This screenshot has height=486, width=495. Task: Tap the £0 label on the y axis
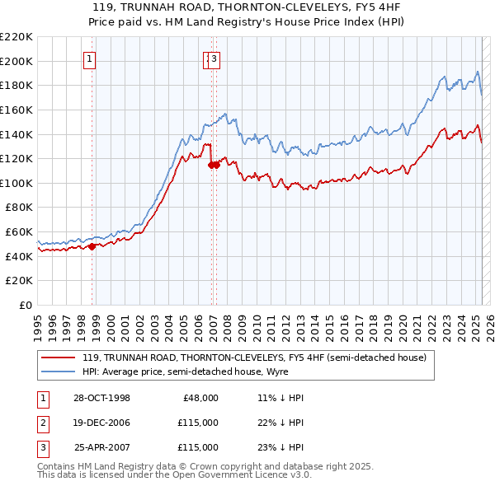pyautogui.click(x=26, y=305)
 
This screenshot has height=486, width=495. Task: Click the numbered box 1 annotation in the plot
pyautogui.click(x=88, y=58)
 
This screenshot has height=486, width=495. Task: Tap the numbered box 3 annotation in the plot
pyautogui.click(x=214, y=58)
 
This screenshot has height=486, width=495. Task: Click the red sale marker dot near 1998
pyautogui.click(x=92, y=246)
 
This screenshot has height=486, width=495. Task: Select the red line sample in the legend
pyautogui.click(x=59, y=358)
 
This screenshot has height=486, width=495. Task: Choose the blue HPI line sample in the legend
pyautogui.click(x=59, y=372)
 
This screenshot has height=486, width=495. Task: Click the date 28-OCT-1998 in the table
pyautogui.click(x=101, y=398)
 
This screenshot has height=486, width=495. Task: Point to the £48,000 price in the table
pyautogui.click(x=200, y=398)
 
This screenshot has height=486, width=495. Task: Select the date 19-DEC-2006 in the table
pyautogui.click(x=101, y=423)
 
